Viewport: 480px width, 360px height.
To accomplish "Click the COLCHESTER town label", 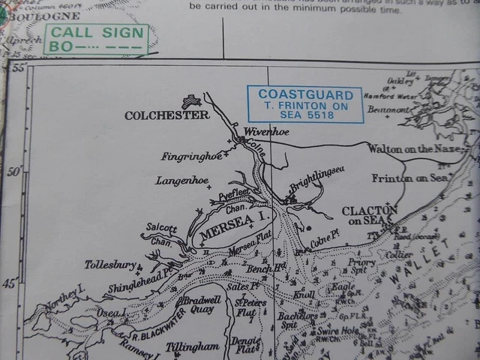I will (x=167, y=115).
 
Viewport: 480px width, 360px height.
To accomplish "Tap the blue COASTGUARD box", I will (x=305, y=104).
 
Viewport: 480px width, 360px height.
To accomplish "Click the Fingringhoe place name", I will (x=191, y=157).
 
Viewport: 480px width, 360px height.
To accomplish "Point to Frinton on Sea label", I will (x=409, y=178).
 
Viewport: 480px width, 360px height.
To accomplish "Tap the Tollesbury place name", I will (x=110, y=265).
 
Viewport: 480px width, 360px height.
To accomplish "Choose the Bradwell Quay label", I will (x=198, y=304).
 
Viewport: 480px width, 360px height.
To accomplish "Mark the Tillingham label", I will (x=192, y=347).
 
